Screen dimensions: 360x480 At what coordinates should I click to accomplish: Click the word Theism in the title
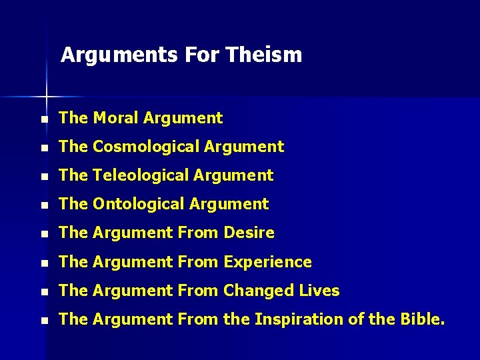click(263, 55)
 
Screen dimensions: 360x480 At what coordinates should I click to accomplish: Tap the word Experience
click(268, 262)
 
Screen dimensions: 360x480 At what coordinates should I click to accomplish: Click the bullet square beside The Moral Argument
click(44, 119)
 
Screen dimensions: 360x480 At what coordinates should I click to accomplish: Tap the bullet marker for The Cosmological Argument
click(44, 148)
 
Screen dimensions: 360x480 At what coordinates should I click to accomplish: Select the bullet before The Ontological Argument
click(44, 205)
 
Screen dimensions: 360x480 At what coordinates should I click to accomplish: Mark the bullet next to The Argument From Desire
click(44, 234)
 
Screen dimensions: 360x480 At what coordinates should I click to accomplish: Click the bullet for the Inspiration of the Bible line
click(44, 321)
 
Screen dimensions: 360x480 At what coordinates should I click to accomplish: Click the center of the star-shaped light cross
click(47, 97)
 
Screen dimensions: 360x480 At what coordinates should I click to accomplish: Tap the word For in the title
click(200, 55)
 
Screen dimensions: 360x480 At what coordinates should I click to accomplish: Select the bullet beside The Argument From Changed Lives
click(44, 292)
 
